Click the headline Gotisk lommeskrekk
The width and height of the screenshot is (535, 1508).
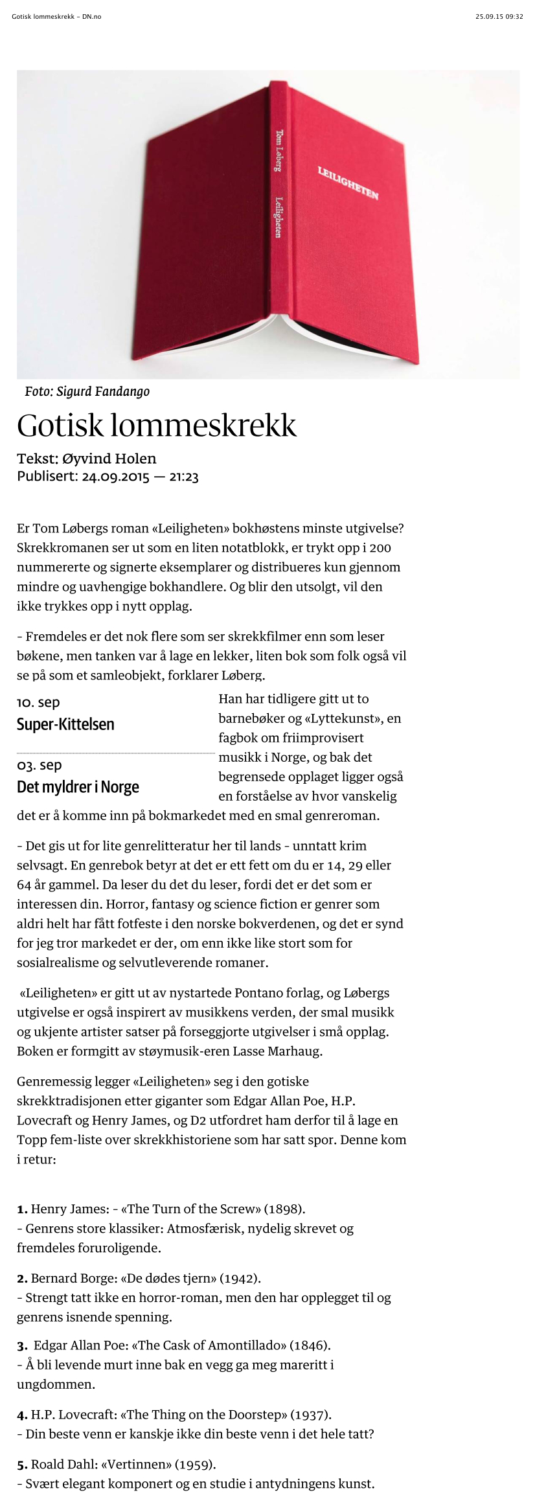[157, 426]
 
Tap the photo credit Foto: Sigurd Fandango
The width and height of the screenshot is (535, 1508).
[87, 391]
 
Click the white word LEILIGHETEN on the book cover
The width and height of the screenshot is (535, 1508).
[348, 183]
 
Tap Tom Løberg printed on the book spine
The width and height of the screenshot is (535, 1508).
[279, 150]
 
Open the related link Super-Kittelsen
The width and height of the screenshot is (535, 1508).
[65, 724]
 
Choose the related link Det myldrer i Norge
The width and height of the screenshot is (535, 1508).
[78, 787]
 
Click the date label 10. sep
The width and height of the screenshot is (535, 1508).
[38, 702]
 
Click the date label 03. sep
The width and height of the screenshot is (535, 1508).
[40, 765]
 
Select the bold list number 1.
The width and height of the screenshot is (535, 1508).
[22, 1209]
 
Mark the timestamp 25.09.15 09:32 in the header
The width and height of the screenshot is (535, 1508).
[499, 17]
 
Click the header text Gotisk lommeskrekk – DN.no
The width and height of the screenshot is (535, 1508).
[56, 17]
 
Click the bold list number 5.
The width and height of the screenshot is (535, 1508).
[22, 1464]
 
